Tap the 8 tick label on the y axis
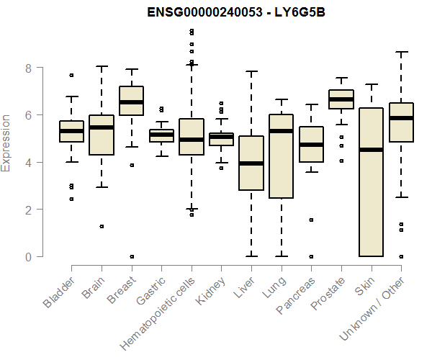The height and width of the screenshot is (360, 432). (29, 68)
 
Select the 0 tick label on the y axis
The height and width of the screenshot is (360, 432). (29, 257)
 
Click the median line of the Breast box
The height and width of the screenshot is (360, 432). (131, 102)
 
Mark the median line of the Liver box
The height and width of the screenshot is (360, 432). (251, 163)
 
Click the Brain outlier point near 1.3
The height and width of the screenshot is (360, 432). (102, 226)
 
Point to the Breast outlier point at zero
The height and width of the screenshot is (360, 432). (131, 256)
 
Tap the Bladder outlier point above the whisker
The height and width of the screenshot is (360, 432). (71, 75)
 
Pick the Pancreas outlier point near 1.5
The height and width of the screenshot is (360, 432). (310, 220)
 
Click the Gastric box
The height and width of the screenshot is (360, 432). (161, 135)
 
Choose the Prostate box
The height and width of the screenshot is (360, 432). (341, 99)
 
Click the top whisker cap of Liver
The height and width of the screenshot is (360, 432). (251, 71)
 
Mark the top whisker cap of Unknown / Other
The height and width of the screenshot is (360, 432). (400, 52)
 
